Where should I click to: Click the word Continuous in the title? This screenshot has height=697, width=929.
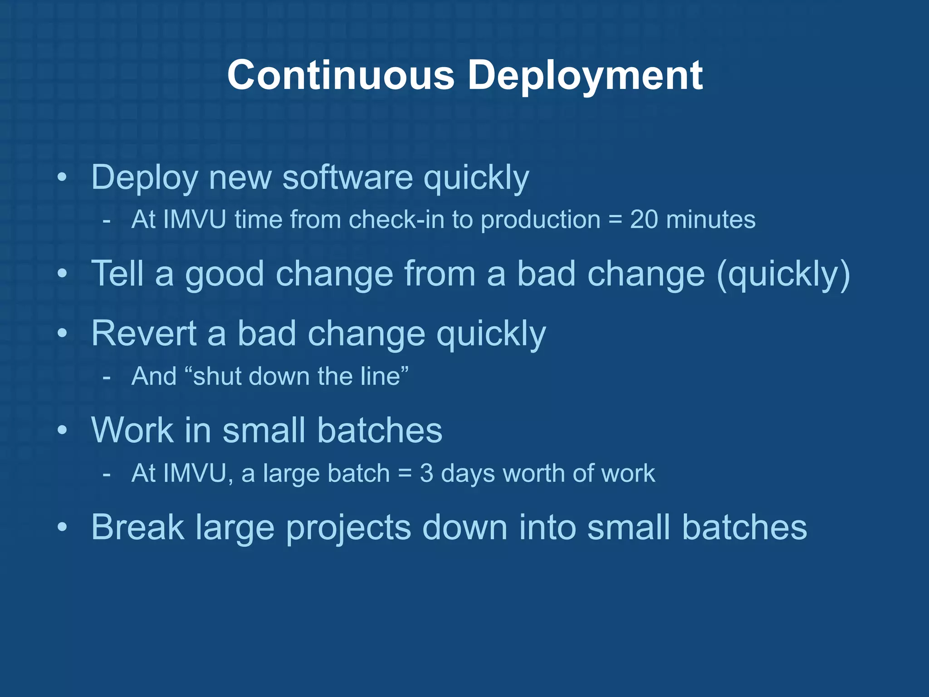click(341, 75)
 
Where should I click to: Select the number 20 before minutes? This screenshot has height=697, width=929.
click(644, 220)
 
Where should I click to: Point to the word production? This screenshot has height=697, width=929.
click(541, 221)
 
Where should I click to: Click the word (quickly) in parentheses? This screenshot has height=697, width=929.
click(783, 275)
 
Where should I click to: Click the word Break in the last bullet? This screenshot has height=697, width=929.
click(137, 527)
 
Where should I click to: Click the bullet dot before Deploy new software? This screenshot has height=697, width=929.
click(63, 177)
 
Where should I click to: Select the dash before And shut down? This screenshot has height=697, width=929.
click(107, 377)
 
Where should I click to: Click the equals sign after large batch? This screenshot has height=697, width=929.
click(405, 474)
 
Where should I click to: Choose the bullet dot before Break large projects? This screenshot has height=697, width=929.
click(63, 527)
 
